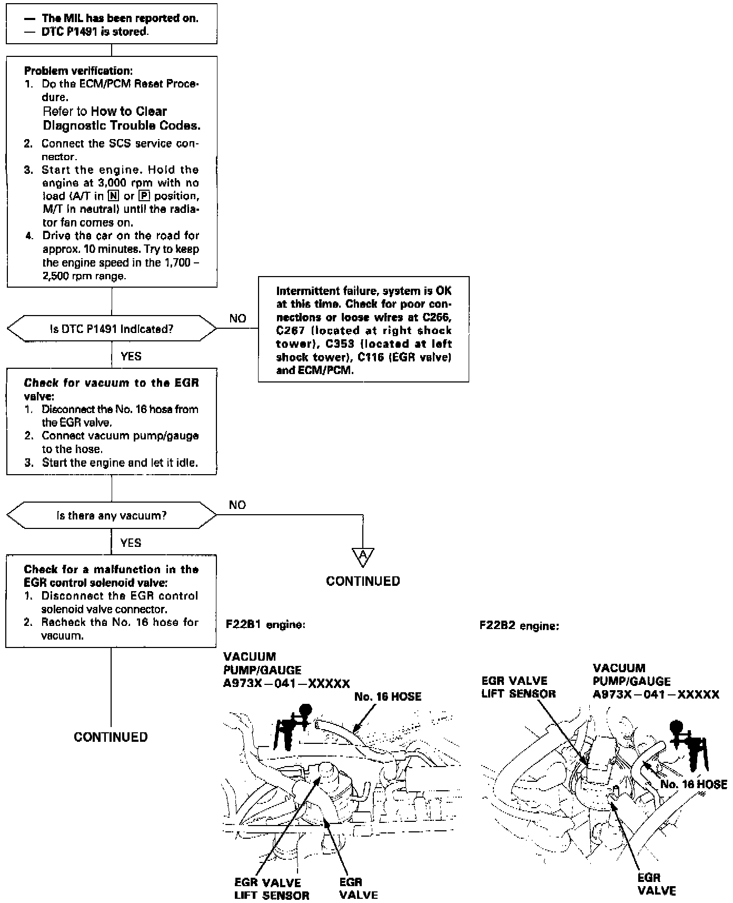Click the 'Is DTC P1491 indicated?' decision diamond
coord(111,329)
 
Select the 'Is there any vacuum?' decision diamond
coord(111,515)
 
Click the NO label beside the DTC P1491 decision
coord(237,318)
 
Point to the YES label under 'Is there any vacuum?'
coord(131,543)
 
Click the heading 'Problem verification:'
coord(78,71)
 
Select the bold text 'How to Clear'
coord(128,111)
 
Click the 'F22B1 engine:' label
coord(265,625)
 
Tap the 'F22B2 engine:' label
coord(519,626)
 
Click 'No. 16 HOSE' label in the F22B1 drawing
coord(388,696)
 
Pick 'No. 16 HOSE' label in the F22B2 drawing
coord(694,784)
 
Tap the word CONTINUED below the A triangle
coord(363,581)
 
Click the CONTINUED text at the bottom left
coord(111,737)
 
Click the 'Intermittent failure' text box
coord(363,330)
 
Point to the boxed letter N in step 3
coord(112,196)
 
